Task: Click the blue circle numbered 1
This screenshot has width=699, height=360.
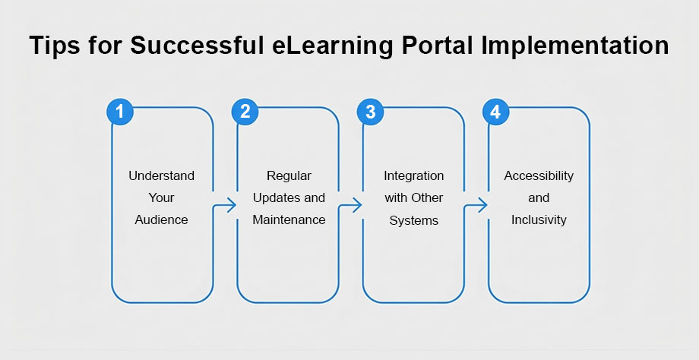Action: (x=120, y=112)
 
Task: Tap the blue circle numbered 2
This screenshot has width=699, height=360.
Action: (x=245, y=112)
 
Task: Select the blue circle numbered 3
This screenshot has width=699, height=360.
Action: (x=370, y=112)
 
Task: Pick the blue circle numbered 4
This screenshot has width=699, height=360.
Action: (x=495, y=112)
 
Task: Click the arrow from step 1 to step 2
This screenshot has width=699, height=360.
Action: (x=226, y=205)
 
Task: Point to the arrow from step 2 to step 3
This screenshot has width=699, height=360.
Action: (x=351, y=205)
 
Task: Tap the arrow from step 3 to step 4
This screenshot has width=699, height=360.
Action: (x=476, y=205)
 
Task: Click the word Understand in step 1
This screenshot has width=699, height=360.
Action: (x=161, y=175)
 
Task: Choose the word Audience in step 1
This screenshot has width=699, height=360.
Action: (x=161, y=219)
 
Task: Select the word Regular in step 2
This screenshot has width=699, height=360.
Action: (x=289, y=175)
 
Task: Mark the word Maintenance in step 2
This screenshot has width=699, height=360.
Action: (x=289, y=219)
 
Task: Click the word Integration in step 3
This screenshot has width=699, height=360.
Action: (x=413, y=175)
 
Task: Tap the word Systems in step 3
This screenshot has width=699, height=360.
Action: (x=413, y=219)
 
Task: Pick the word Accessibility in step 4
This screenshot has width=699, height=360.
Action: (x=539, y=175)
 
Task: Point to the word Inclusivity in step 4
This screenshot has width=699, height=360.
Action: (x=539, y=219)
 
